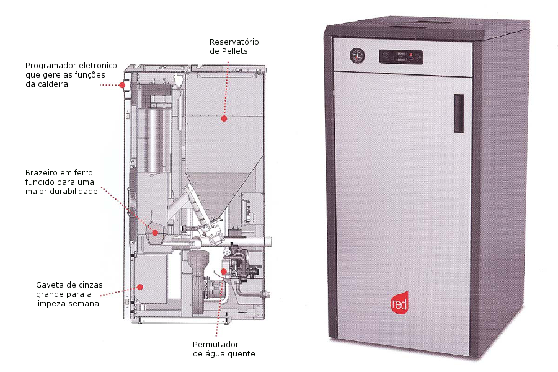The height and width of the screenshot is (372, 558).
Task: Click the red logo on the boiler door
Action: coord(399,301)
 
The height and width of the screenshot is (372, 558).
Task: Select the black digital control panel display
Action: coord(401,57)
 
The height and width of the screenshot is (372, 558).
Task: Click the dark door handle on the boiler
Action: coord(458,113)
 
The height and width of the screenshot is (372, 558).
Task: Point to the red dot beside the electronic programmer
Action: coord(121,86)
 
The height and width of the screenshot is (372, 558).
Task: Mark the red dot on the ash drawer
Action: coord(141,286)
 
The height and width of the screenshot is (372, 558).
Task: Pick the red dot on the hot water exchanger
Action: coord(224,272)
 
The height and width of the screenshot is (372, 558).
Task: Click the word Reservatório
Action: coord(234,42)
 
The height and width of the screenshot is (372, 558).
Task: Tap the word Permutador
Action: coord(216,344)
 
